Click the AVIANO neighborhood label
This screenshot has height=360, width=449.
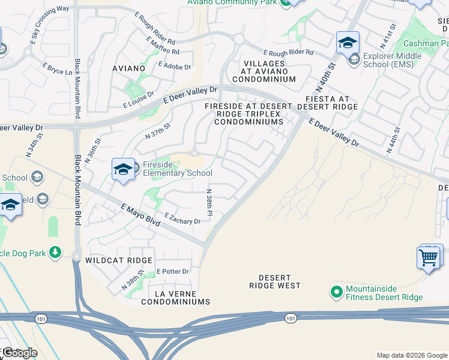pyautogui.click(x=128, y=68)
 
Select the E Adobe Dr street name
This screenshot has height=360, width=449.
pyautogui.click(x=175, y=66)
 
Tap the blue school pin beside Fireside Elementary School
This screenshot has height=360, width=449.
pyautogui.click(x=123, y=169)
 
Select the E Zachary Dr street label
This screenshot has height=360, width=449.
pyautogui.click(x=182, y=220)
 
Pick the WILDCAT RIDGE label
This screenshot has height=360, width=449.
pyautogui.click(x=119, y=260)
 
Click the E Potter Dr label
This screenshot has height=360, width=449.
pyautogui.click(x=173, y=271)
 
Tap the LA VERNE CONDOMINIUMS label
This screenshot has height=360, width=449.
pyautogui.click(x=176, y=298)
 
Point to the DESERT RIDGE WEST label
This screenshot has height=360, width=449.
pyautogui.click(x=275, y=282)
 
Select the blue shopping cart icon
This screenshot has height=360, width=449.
pyautogui.click(x=428, y=258)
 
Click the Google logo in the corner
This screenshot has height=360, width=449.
pyautogui.click(x=20, y=353)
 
